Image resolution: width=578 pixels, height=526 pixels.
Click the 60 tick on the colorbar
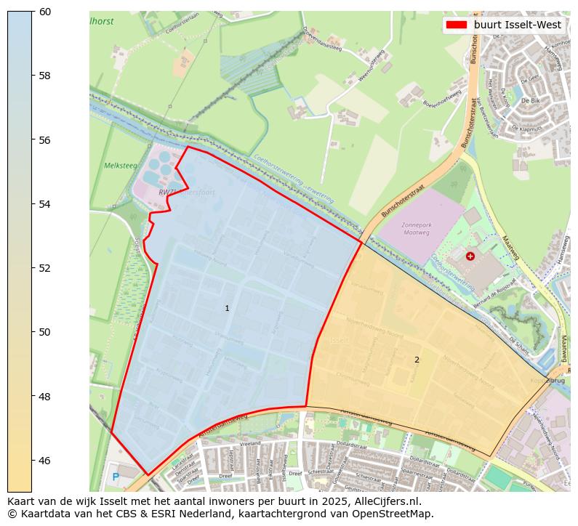[x=32, y=11]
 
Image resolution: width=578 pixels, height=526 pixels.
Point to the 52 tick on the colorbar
[x=32, y=267]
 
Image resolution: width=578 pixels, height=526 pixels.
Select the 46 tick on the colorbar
[x=32, y=460]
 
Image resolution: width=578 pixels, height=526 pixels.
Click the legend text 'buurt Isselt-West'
[x=517, y=25]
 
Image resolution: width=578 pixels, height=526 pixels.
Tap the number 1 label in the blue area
[x=227, y=309]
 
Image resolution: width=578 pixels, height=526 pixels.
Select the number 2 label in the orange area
[x=417, y=360]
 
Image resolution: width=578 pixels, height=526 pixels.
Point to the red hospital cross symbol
[x=470, y=256]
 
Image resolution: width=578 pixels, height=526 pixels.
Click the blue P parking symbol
[x=116, y=477]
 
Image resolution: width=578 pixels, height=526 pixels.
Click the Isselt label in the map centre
[x=340, y=340]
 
